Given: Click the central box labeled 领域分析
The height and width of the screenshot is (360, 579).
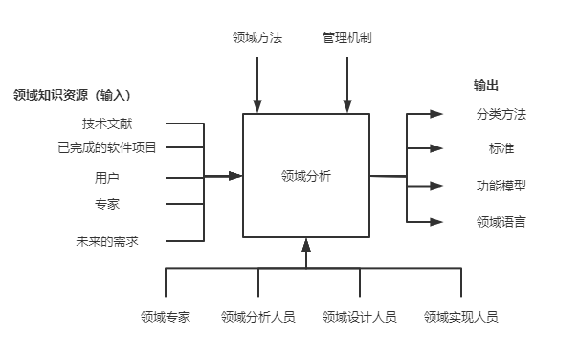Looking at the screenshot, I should (306, 176).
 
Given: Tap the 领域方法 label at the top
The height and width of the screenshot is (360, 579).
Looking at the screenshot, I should (257, 38).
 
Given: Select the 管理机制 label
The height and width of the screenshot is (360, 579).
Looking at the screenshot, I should (346, 38).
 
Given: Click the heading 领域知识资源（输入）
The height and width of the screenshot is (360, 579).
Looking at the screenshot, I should (72, 95).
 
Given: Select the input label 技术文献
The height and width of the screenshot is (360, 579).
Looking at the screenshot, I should (107, 124).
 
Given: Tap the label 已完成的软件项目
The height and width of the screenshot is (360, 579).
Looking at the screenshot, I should (106, 147).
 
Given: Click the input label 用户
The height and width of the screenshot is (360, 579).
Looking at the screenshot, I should (107, 177).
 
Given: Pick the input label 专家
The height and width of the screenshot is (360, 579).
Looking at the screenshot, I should (107, 203).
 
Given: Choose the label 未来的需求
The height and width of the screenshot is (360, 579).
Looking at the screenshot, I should (106, 240).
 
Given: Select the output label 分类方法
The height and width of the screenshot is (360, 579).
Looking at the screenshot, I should (501, 115).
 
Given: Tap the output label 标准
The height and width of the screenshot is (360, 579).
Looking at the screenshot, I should (501, 148).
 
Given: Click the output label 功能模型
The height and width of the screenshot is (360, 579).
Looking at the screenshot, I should (501, 186).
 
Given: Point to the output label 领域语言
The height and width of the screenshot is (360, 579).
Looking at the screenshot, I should (501, 222).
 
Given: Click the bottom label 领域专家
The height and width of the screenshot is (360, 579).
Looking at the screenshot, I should (165, 316).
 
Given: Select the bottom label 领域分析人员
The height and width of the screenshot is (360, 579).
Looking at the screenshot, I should (257, 316).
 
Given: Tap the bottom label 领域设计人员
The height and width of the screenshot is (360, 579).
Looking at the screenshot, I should (359, 316).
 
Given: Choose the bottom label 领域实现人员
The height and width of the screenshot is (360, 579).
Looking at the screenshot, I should (460, 316).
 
